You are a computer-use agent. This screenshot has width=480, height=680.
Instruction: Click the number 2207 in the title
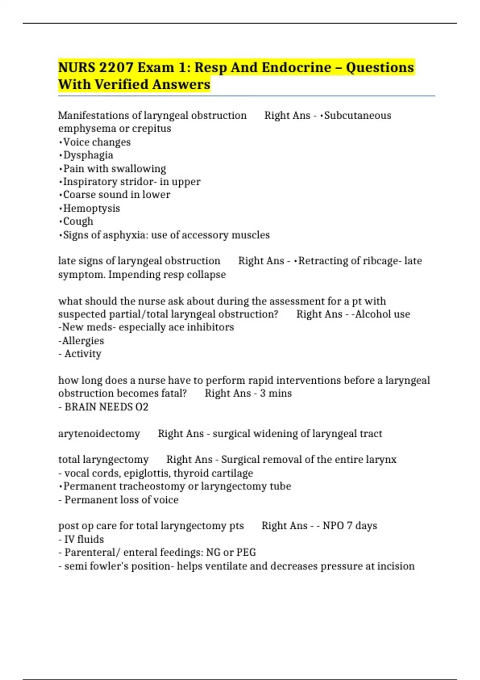116,67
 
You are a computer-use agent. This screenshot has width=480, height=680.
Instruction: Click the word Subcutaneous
358,115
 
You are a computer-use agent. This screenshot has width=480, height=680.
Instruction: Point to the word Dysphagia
88,155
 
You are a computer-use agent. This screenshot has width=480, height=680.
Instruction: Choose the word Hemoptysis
92,208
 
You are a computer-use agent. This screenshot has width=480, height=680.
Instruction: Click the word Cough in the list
78,221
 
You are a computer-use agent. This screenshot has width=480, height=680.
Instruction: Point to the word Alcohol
373,314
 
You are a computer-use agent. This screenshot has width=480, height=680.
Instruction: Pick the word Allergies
83,341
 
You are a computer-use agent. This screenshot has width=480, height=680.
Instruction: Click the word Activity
83,354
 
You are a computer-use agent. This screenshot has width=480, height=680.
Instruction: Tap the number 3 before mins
263,393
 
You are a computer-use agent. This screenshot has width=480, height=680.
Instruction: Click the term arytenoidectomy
99,434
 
